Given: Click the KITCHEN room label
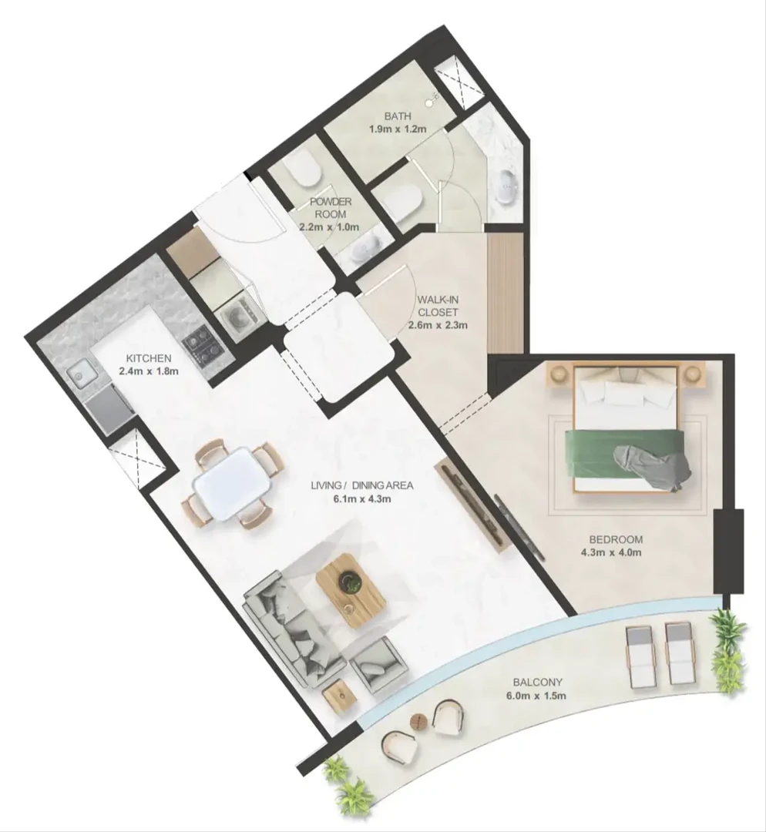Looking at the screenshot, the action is (149, 358).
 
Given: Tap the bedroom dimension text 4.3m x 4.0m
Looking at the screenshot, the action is (616, 552).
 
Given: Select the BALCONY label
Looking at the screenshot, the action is (537, 683).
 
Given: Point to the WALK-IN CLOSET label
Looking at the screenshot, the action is (438, 306).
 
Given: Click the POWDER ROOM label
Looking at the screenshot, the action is (331, 208).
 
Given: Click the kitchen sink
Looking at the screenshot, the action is (82, 377).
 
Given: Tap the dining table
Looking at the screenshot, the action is (233, 483).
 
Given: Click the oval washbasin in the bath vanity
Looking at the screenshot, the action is (508, 186).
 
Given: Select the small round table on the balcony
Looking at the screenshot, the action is (418, 721).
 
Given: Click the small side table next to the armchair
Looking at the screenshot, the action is (339, 696).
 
